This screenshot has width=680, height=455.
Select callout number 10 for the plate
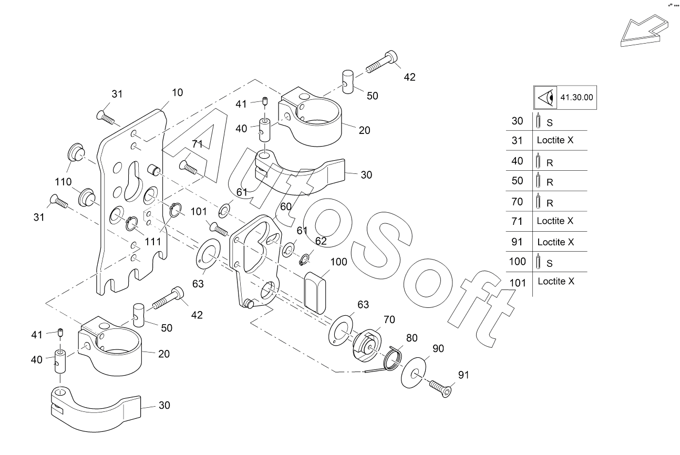coord(177,92)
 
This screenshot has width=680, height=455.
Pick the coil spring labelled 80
coord(393,359)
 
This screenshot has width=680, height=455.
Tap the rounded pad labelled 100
coord(315,293)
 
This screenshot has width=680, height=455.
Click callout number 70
coord(389,319)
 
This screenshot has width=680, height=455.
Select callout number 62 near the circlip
coord(321,241)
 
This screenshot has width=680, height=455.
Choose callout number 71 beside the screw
coord(197,144)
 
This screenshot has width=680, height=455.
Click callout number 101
coord(198,212)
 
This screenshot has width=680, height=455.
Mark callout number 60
coord(286,206)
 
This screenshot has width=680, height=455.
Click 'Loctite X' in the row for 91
coord(555,242)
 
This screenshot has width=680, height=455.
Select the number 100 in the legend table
coord(518,261)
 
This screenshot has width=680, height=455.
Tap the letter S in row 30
coord(550,122)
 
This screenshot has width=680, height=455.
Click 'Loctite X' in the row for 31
coord(555,141)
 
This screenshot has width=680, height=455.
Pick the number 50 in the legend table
coord(518,181)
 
